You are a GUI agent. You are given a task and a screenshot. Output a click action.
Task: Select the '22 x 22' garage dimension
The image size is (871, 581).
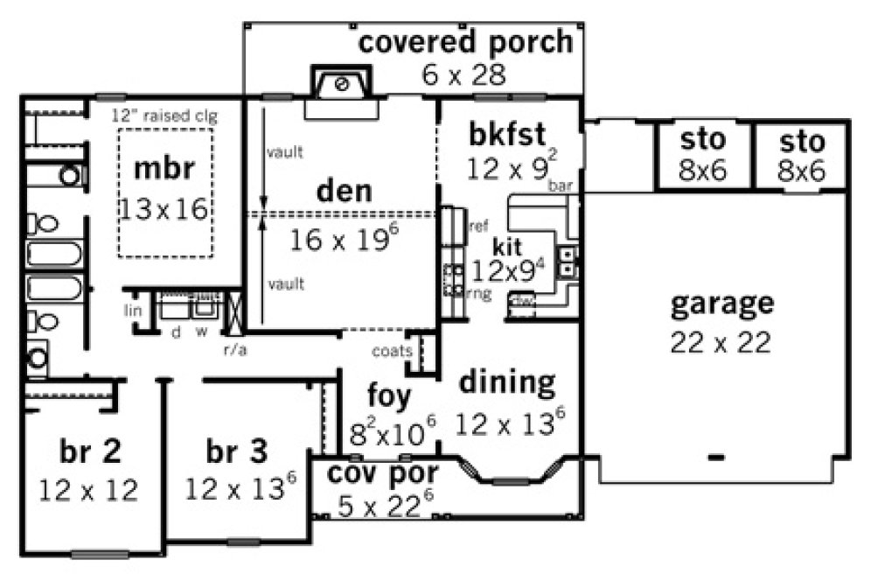721,342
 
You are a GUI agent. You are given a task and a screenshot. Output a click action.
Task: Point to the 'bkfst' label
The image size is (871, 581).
507,135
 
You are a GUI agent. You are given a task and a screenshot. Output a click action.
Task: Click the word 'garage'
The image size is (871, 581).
721,304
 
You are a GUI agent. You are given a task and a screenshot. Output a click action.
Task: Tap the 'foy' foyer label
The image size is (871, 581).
389,396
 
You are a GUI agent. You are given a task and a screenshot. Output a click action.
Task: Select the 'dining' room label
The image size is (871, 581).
507,382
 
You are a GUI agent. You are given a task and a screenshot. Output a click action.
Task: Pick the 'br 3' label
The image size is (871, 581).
237,451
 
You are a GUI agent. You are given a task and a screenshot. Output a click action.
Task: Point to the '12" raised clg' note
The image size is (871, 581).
164,115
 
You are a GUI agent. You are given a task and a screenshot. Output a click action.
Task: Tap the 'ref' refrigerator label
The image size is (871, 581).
479,226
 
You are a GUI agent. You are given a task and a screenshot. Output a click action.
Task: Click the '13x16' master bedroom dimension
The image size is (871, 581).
164,208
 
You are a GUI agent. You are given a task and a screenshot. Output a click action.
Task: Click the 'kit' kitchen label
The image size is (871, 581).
507,245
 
